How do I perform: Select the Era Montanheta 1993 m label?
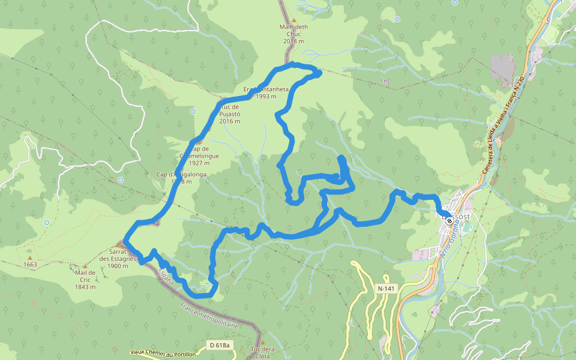[266, 92]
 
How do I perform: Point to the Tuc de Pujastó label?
[230, 114]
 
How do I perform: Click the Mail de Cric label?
[86, 280]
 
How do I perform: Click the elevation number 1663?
[30, 265]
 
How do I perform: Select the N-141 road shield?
[386, 289]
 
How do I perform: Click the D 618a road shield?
[220, 345]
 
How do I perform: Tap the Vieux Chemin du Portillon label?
[162, 355]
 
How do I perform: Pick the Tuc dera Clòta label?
[262, 353]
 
